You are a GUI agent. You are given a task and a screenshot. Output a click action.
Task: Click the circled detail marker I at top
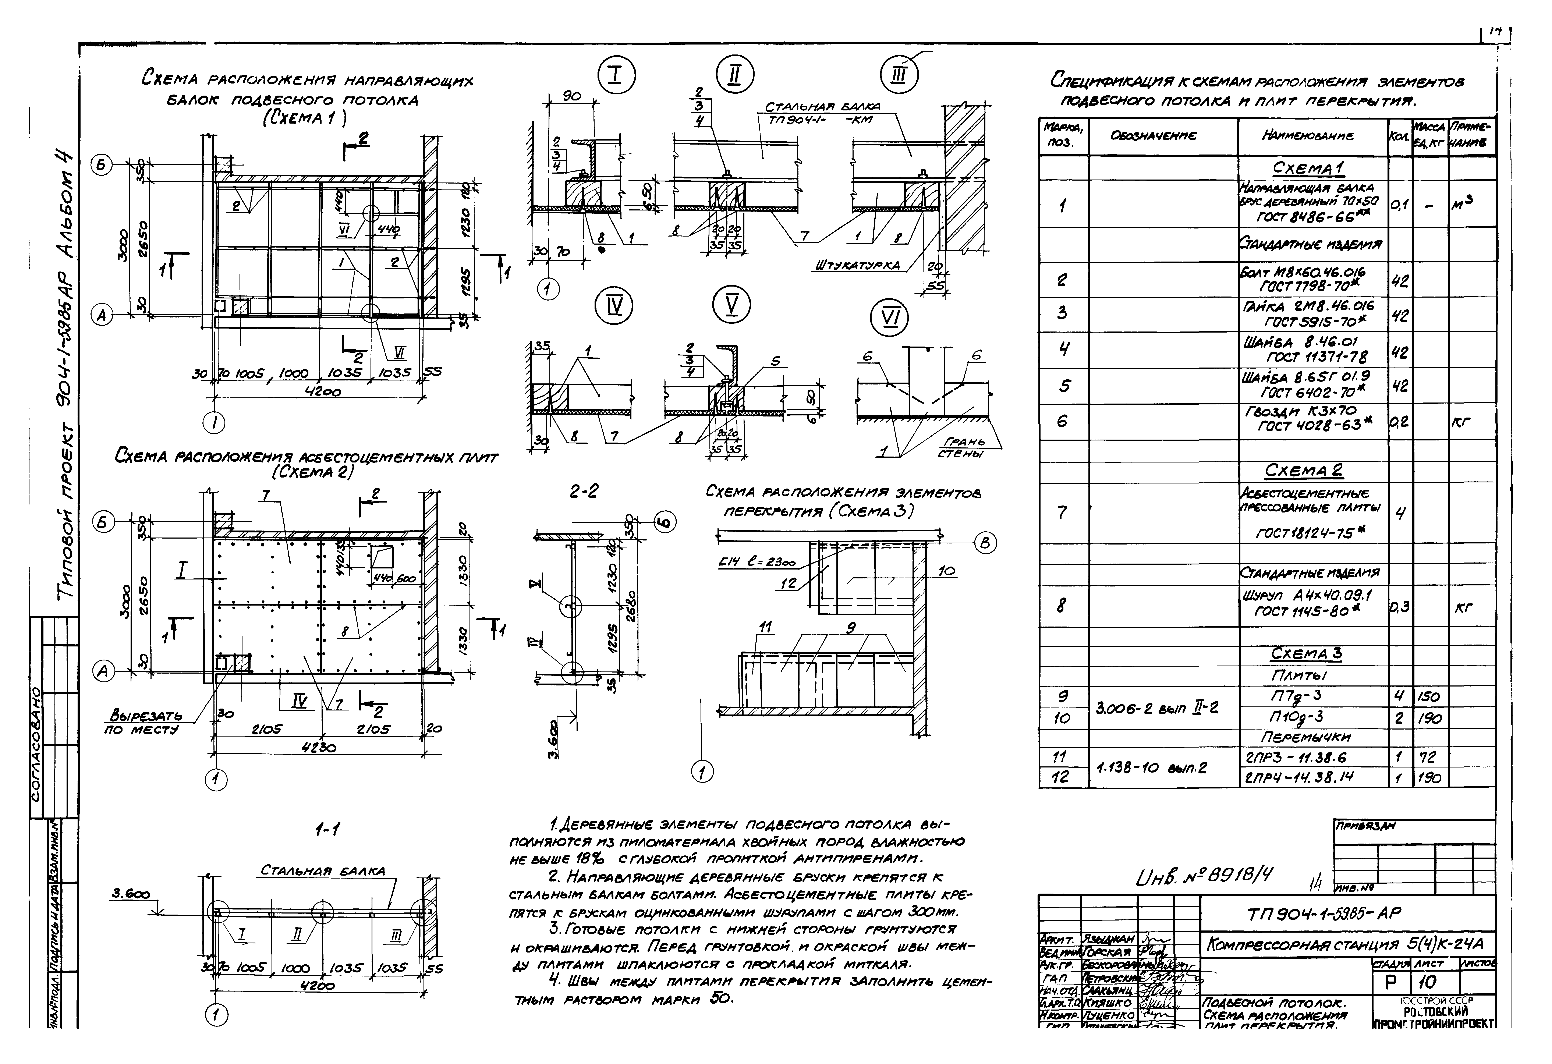(x=615, y=75)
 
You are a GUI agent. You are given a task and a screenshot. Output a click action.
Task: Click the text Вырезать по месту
(x=146, y=723)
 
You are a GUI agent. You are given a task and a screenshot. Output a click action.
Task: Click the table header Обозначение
(x=1163, y=136)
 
